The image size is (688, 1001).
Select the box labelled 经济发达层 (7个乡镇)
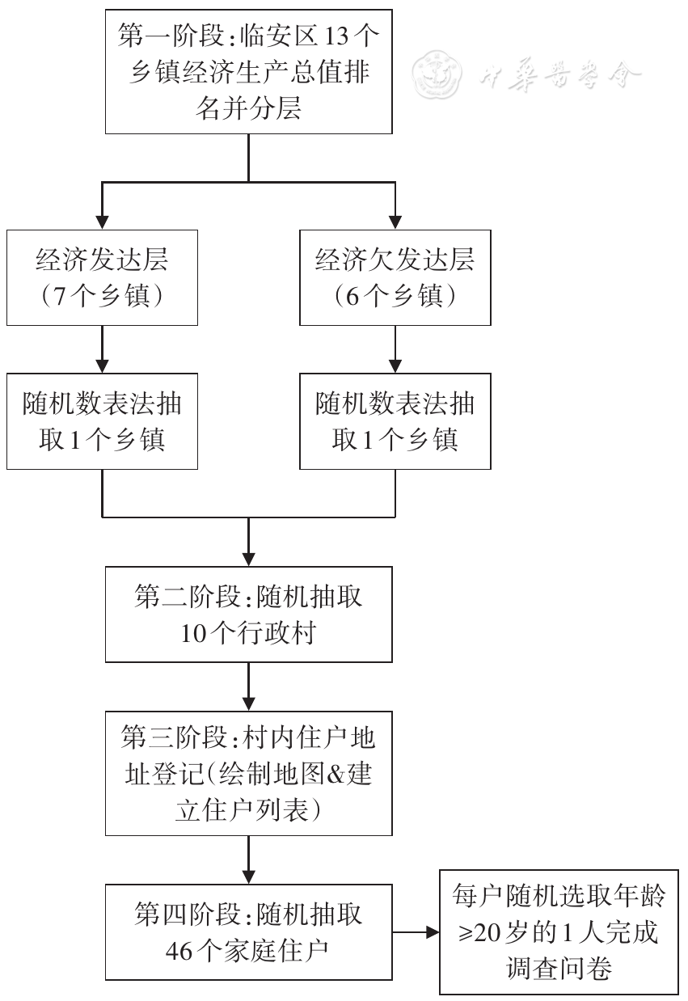coord(102,277)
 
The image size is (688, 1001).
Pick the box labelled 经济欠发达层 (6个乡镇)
coord(395,277)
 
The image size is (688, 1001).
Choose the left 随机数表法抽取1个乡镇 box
coord(102,420)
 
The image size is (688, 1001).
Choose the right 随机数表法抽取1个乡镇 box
coord(395,420)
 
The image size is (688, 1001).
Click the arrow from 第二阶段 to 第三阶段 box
coord(248,686)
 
